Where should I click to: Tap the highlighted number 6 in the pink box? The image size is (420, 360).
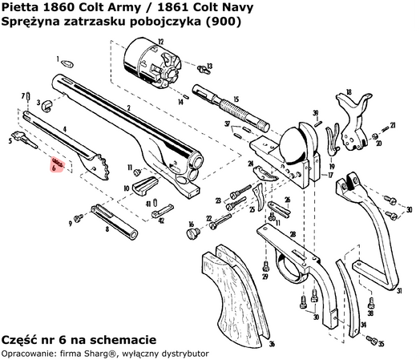point(54,169)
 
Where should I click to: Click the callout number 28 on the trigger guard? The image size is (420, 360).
point(293,234)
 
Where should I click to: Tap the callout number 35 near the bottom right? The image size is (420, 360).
point(382,344)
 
